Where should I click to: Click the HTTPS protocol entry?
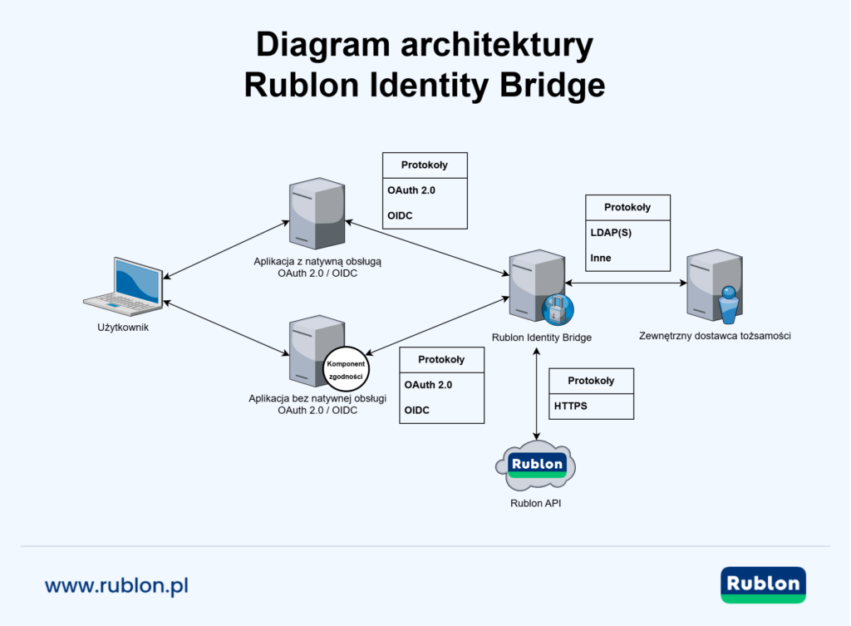571,407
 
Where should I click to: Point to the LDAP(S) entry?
611,233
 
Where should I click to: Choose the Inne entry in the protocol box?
601,258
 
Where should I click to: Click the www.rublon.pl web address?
116,585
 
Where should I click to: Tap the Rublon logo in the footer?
763,585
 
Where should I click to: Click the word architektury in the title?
492,44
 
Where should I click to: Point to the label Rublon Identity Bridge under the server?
541,338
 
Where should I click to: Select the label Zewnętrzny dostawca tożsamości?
715,336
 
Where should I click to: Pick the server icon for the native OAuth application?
316,214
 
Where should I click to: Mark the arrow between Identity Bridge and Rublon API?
537,395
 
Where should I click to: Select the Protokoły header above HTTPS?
591,381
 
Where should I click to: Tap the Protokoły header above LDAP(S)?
627,207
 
